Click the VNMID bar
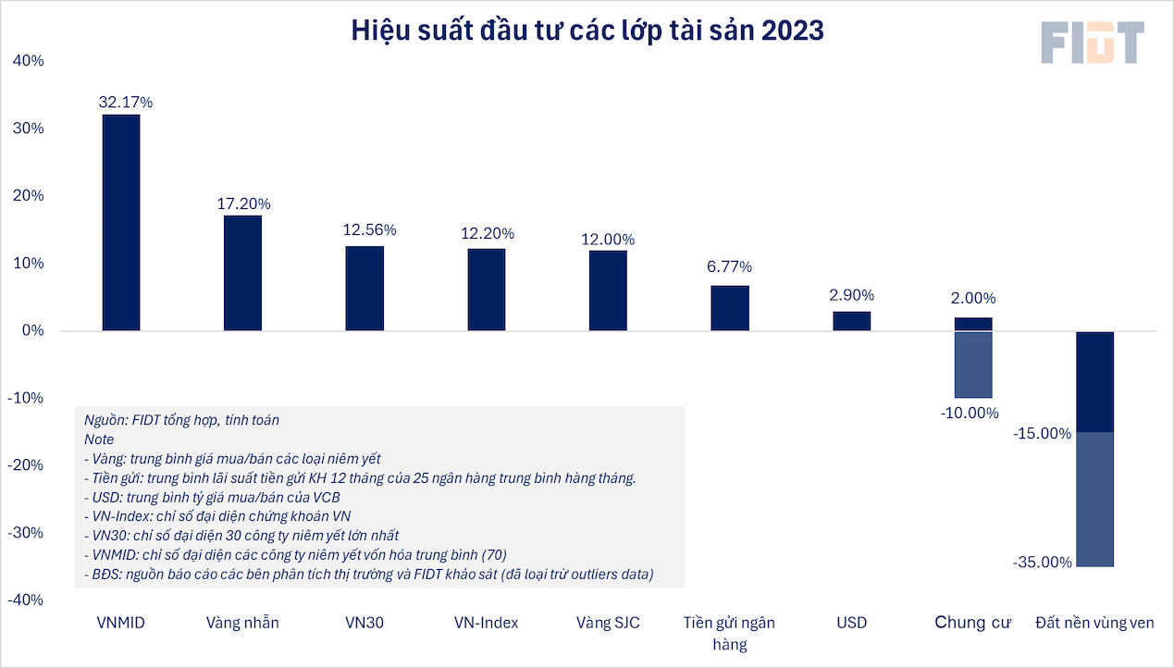[x=121, y=222]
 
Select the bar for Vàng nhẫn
[x=242, y=273]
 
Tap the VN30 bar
[x=365, y=288]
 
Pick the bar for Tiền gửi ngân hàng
[x=730, y=308]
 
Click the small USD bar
[x=851, y=321]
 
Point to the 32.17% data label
[x=126, y=103]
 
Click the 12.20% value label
[x=488, y=234]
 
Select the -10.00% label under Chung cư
[x=970, y=413]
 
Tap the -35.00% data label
[x=1042, y=563]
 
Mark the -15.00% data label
[x=1042, y=433]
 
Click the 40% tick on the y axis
[x=28, y=61]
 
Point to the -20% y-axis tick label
[x=25, y=465]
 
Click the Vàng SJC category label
[x=608, y=623]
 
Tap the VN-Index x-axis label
[x=487, y=623]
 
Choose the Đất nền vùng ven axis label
[x=1094, y=623]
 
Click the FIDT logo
[x=1092, y=43]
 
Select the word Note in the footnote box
[x=98, y=439]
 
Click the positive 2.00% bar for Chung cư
[x=973, y=324]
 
